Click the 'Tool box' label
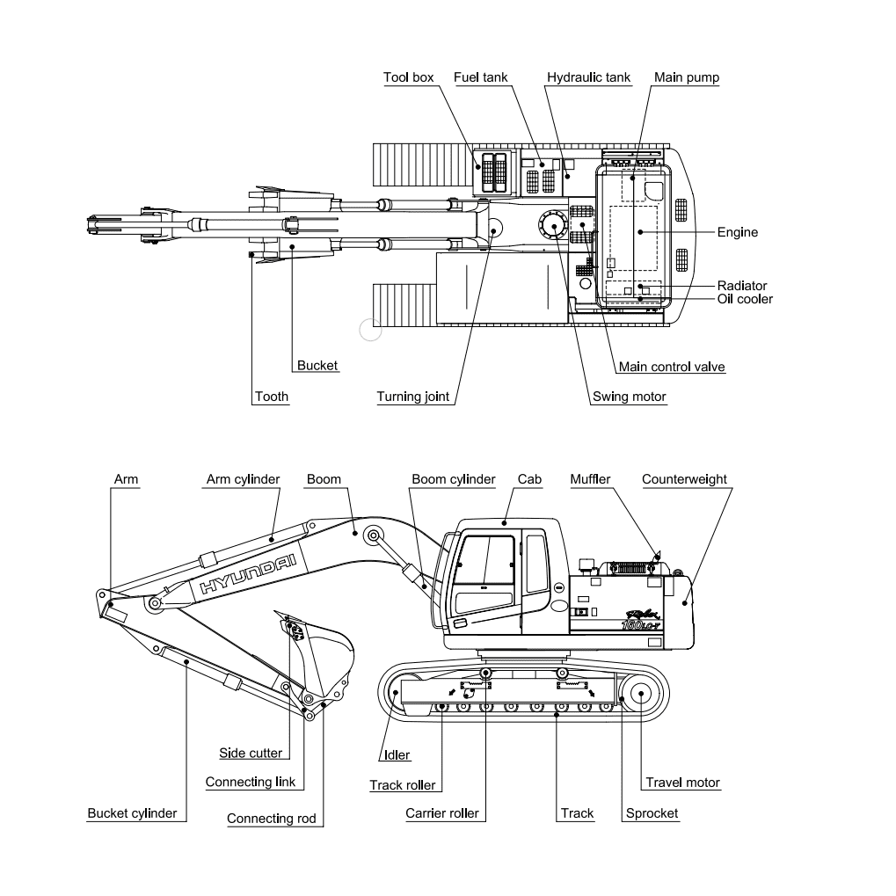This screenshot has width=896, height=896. tap(408, 77)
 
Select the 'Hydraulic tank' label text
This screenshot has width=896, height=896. tap(588, 77)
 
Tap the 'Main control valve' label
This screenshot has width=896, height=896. tap(672, 367)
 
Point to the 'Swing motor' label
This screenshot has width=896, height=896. tap(630, 397)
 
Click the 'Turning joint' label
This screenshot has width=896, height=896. tap(413, 397)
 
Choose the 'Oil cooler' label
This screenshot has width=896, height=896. tap(745, 299)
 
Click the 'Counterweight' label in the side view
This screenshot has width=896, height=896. tap(684, 479)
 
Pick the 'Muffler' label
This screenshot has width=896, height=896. tap(590, 479)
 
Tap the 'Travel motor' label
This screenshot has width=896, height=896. tap(682, 783)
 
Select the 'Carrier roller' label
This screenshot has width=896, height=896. tap(441, 813)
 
